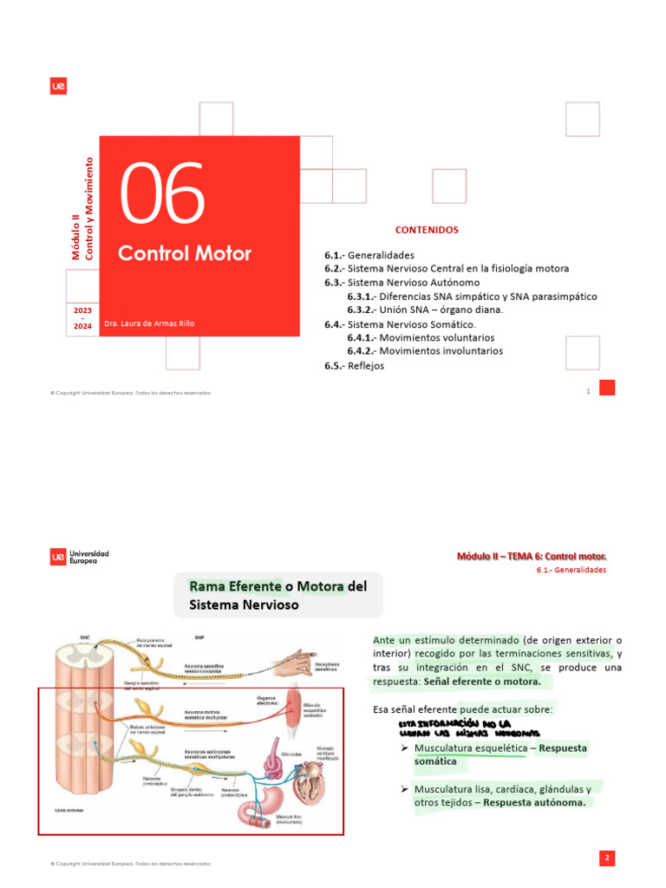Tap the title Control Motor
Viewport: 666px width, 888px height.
(x=185, y=253)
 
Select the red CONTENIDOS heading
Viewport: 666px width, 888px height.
(x=427, y=230)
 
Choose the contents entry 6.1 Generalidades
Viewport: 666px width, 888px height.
(x=369, y=256)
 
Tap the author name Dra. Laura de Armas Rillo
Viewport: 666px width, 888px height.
(x=149, y=323)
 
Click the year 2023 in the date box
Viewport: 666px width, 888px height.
(x=82, y=310)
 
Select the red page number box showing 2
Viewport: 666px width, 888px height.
(x=607, y=858)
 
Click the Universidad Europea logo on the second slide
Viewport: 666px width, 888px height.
(x=80, y=557)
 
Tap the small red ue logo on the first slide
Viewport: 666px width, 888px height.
(x=59, y=86)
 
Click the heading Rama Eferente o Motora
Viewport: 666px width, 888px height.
(x=277, y=596)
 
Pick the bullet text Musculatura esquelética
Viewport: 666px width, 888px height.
(x=469, y=748)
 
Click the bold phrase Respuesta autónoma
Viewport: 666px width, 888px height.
(x=534, y=802)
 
